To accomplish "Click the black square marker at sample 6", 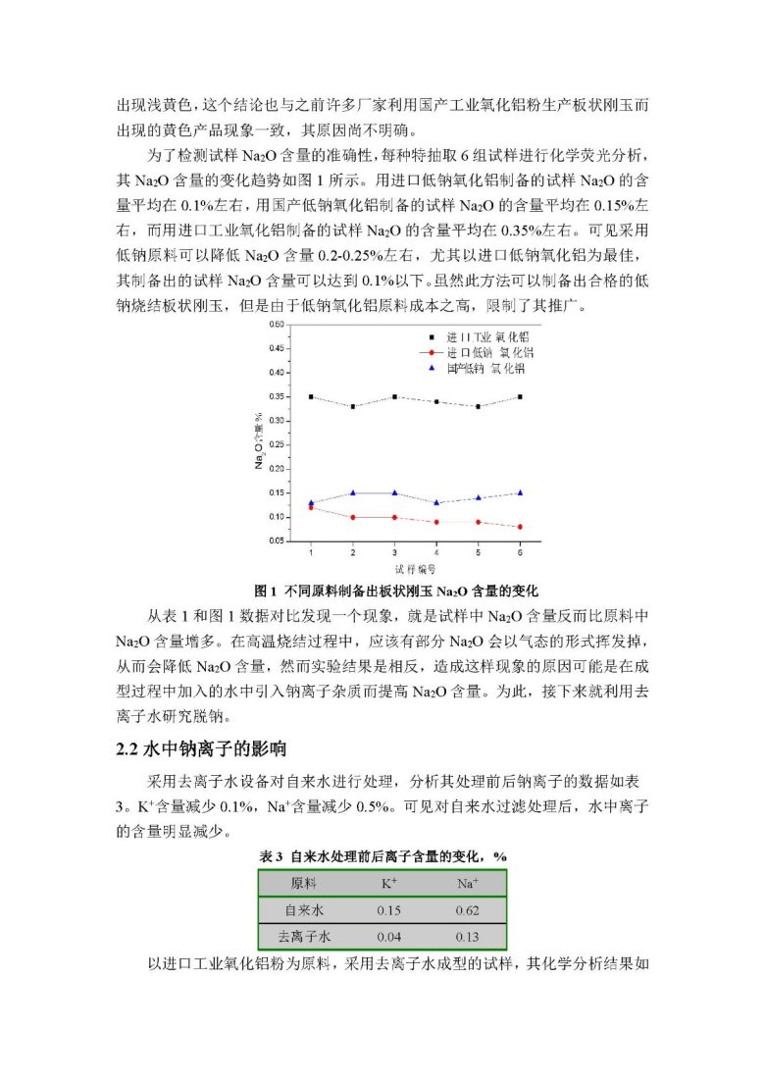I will click(519, 396).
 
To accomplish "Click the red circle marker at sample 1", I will click(311, 507).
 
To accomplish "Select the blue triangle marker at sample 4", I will click(435, 502).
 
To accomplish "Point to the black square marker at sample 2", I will click(353, 406).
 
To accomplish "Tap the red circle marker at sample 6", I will click(519, 527).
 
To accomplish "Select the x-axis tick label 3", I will click(394, 553).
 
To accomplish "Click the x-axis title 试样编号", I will click(415, 568).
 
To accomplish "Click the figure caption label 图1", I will click(265, 591).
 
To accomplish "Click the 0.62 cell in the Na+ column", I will click(467, 909).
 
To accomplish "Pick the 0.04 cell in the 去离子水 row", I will click(388, 937).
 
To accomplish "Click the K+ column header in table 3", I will click(388, 883).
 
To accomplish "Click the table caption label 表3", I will click(271, 856).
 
